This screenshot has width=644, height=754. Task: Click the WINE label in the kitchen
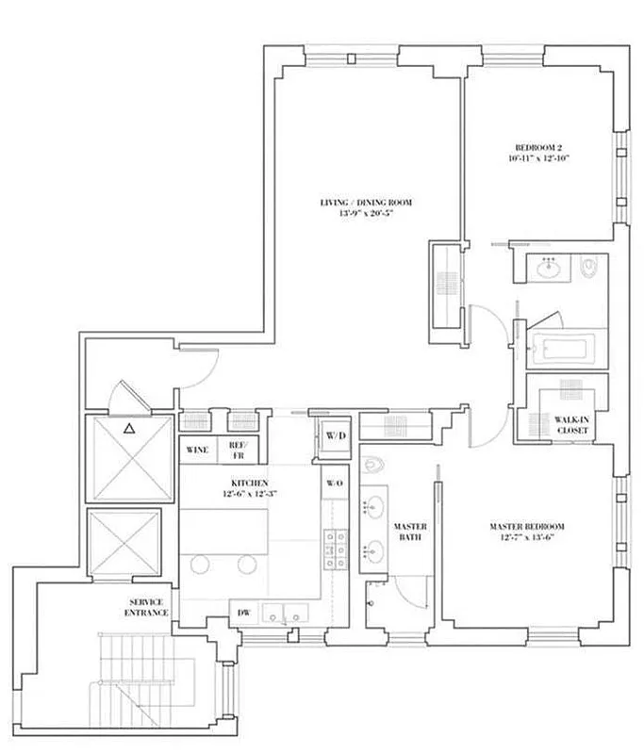click(x=197, y=450)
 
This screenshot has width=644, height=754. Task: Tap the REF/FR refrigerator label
click(x=236, y=450)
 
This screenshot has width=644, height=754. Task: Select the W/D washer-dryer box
click(x=335, y=437)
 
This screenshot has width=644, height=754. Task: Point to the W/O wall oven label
click(x=334, y=484)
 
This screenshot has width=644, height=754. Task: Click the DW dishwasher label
click(x=242, y=611)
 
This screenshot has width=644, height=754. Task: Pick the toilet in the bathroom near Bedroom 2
click(x=590, y=269)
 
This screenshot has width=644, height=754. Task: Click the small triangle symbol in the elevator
click(x=129, y=429)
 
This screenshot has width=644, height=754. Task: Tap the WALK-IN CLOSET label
click(x=571, y=425)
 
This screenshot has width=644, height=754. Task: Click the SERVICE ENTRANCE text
click(x=148, y=607)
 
